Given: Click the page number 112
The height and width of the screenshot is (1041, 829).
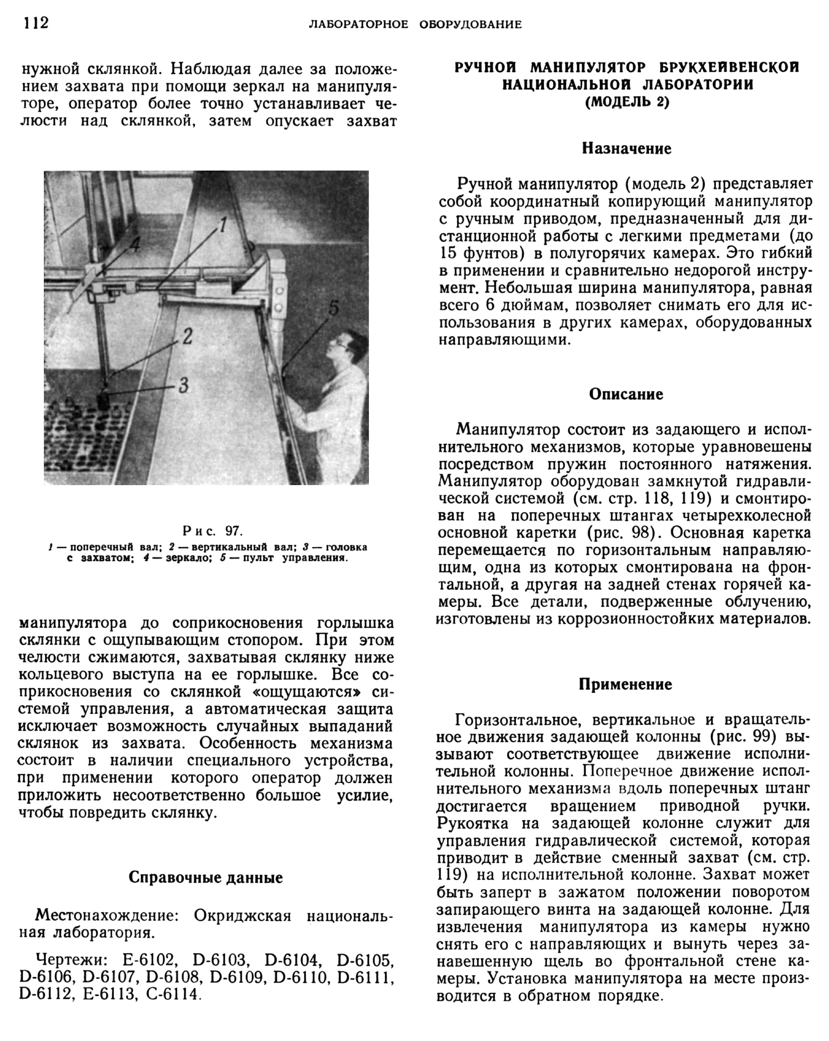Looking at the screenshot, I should coord(36,23).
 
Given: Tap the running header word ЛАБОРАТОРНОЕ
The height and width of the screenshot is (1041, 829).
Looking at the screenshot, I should coord(358,25).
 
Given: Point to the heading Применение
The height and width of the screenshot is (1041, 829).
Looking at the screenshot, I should coord(625,684).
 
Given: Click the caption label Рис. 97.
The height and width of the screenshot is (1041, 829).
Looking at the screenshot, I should coord(212,531).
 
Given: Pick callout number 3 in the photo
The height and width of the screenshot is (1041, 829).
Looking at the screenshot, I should coord(183,385).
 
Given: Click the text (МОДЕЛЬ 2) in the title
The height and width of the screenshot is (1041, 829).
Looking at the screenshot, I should coord(627,102).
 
